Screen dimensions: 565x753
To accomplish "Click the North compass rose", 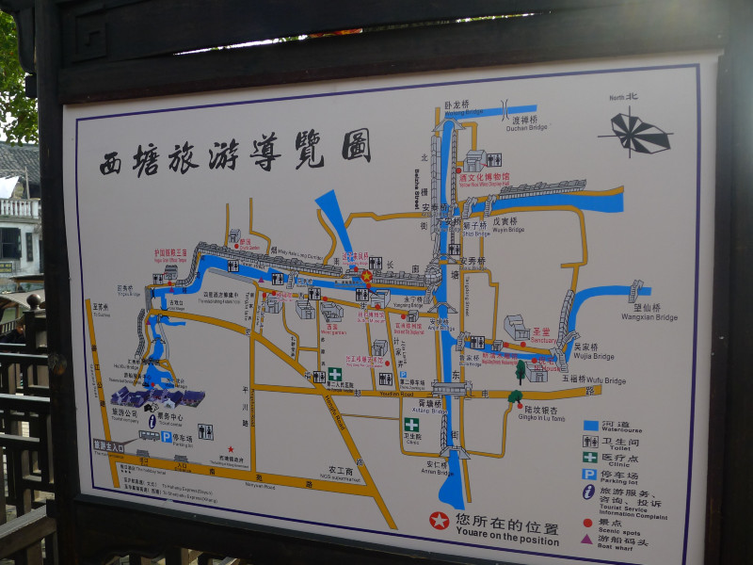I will point(639,132).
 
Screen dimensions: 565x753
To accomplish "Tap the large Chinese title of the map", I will point(235,151).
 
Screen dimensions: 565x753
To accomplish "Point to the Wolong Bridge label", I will point(460,108).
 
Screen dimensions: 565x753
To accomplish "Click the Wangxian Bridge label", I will point(649,313).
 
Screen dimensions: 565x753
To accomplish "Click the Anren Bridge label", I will point(438,468).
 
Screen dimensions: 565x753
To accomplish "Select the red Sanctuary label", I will point(541,334).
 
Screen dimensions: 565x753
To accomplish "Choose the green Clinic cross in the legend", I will point(590,457).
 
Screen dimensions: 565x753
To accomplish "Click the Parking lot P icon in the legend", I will point(589,475).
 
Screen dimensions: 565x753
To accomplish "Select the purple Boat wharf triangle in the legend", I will point(587,540).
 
